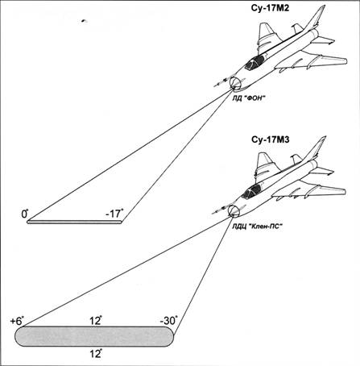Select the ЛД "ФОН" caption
(x=249, y=98)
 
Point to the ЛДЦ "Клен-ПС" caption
(x=258, y=226)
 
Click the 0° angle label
(x=25, y=214)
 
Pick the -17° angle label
(x=114, y=214)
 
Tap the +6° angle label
(x=17, y=321)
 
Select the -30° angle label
(x=168, y=320)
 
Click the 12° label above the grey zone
(x=96, y=321)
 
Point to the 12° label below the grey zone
(x=96, y=354)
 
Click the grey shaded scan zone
(x=94, y=336)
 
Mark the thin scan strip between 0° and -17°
(x=74, y=222)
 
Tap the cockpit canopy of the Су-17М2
(x=254, y=63)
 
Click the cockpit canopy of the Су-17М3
(x=251, y=192)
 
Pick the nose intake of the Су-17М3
(x=233, y=210)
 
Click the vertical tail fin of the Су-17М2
(x=316, y=18)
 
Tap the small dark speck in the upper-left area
(x=84, y=21)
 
